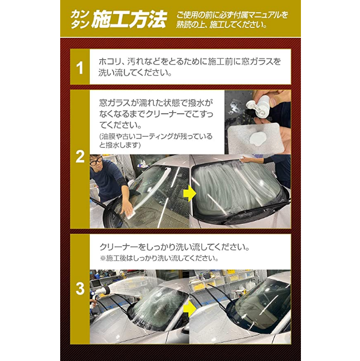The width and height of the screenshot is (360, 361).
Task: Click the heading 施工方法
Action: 129,20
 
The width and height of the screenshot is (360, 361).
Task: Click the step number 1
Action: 80,68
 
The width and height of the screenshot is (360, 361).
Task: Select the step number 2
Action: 80,157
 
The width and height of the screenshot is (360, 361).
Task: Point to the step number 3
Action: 80,288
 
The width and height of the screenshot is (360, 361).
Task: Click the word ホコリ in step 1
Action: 110,61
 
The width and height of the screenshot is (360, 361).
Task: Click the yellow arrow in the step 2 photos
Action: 189,193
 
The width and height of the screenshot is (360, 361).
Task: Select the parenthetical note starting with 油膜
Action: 156,141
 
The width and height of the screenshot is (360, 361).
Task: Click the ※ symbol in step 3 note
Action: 103,258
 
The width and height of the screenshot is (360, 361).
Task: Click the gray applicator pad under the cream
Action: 255,138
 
